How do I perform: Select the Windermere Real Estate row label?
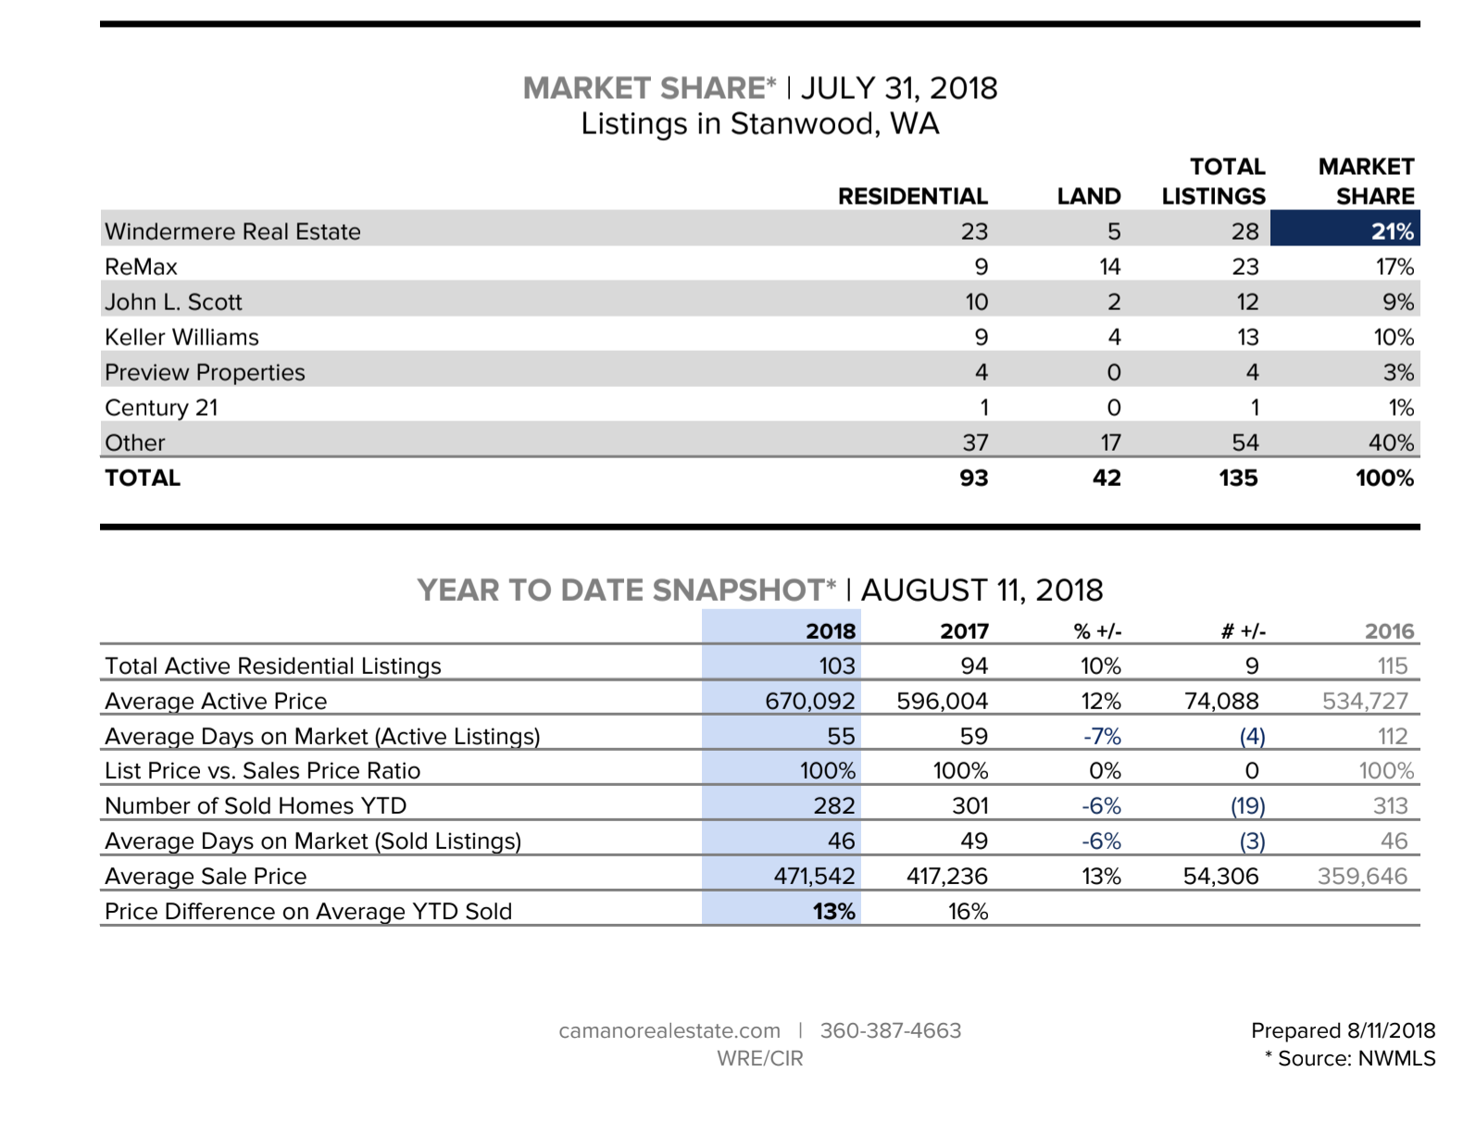coord(232,231)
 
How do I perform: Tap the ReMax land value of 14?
coord(1109,267)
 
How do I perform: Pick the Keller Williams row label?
coord(181,337)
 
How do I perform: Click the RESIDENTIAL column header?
coord(912,196)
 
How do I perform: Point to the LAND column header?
coord(1089,196)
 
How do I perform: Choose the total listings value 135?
coord(1238,478)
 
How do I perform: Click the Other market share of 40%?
coord(1391,443)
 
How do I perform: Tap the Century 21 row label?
coord(161,407)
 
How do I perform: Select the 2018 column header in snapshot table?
coord(831,631)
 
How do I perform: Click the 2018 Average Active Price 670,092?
coord(809,701)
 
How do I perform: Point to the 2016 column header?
coord(1389,631)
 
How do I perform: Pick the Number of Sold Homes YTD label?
coord(256,805)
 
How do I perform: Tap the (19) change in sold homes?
coord(1247,805)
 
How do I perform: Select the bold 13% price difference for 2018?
coord(833,911)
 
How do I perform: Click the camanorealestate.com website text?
coord(669,1030)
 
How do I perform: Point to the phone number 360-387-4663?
coord(891,1030)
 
